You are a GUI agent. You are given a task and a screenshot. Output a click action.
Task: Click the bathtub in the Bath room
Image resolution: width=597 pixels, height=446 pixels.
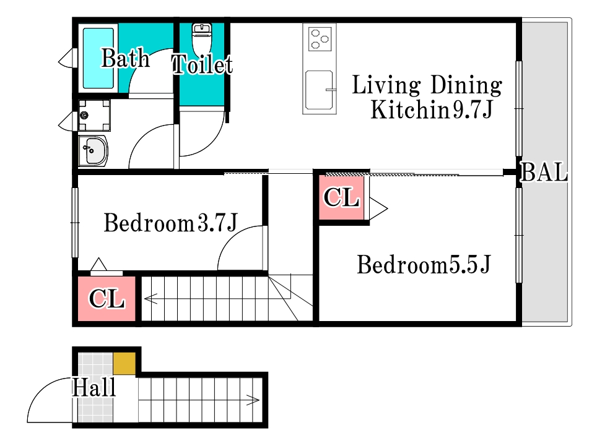click(x=98, y=58)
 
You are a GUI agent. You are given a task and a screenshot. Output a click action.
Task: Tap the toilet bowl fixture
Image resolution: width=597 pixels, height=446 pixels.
click(x=202, y=40)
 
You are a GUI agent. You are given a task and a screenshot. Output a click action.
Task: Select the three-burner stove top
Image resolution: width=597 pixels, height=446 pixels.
click(x=320, y=38)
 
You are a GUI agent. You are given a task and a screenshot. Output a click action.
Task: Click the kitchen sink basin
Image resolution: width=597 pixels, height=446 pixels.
click(x=319, y=89)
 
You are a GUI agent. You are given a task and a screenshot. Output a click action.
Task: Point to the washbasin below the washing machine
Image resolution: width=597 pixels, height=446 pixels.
click(x=94, y=151)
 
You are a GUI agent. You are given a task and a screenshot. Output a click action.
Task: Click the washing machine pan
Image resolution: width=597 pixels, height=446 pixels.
click(x=94, y=115)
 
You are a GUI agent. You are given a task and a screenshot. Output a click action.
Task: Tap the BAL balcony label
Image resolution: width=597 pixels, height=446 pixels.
click(x=544, y=172)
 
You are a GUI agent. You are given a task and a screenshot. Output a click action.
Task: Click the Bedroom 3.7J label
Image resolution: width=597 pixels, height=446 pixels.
click(x=170, y=223)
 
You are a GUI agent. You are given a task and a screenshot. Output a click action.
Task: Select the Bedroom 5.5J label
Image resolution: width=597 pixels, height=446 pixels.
click(x=424, y=265)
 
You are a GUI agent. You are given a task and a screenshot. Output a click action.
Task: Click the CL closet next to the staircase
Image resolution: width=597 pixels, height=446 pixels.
click(x=107, y=299)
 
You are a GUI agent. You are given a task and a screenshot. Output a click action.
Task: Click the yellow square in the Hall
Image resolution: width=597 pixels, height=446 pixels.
click(x=124, y=364)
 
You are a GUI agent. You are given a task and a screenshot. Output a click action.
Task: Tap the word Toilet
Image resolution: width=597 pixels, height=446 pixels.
click(x=202, y=64)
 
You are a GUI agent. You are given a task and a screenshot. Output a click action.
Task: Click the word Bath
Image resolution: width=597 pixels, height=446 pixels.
click(x=125, y=58)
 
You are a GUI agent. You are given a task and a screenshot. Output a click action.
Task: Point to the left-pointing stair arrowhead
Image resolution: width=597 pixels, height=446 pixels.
click(x=150, y=299)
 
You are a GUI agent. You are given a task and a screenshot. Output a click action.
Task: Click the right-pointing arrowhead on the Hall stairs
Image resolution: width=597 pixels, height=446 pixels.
click(x=253, y=400)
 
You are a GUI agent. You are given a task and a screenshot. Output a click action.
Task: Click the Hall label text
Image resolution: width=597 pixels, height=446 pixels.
click(x=94, y=388)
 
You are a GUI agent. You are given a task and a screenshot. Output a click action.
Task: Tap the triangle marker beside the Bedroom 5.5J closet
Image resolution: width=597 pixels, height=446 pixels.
click(x=378, y=208)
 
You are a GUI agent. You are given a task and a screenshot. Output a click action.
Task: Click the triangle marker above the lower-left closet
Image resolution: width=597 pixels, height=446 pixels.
click(x=98, y=265)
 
